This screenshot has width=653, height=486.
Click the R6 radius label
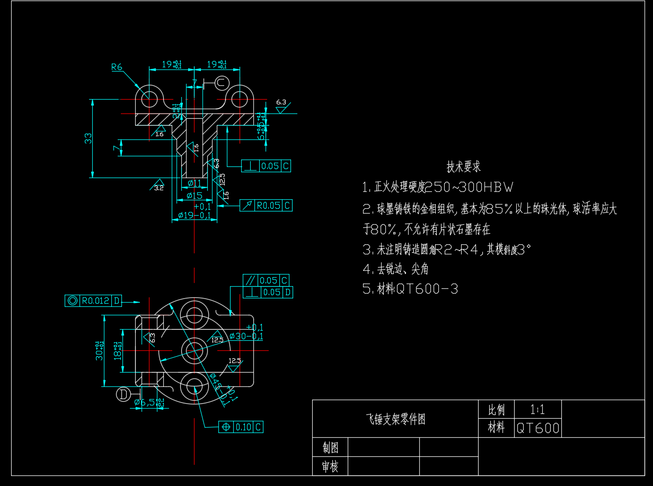click(117, 67)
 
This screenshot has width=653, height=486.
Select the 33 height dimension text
click(89, 138)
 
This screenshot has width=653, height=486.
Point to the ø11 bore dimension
click(195, 183)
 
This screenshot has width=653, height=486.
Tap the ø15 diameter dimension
click(195, 196)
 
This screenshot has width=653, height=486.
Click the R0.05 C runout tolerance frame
click(266, 206)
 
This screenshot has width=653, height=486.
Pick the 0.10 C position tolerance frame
click(241, 427)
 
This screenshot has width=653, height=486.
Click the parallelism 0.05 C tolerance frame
click(266, 280)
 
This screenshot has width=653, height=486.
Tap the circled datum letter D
click(123, 394)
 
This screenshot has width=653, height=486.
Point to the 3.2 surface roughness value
click(159, 188)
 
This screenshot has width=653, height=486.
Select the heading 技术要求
click(463, 167)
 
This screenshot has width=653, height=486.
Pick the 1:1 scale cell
click(537, 410)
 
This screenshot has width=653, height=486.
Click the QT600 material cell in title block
click(537, 428)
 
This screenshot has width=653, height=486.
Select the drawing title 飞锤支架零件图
click(395, 420)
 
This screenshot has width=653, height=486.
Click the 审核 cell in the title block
click(330, 466)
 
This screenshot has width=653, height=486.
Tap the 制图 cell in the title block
click(330, 448)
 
